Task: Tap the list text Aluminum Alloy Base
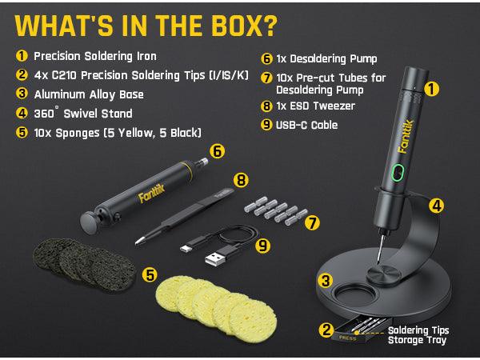pyautogui.click(x=84, y=94)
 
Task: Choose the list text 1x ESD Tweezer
pyautogui.click(x=314, y=105)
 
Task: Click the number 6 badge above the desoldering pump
pyautogui.click(x=216, y=150)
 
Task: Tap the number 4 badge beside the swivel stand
pyautogui.click(x=436, y=206)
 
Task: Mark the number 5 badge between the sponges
pyautogui.click(x=149, y=274)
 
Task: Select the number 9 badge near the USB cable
pyautogui.click(x=262, y=246)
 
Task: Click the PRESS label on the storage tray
pyautogui.click(x=347, y=338)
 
